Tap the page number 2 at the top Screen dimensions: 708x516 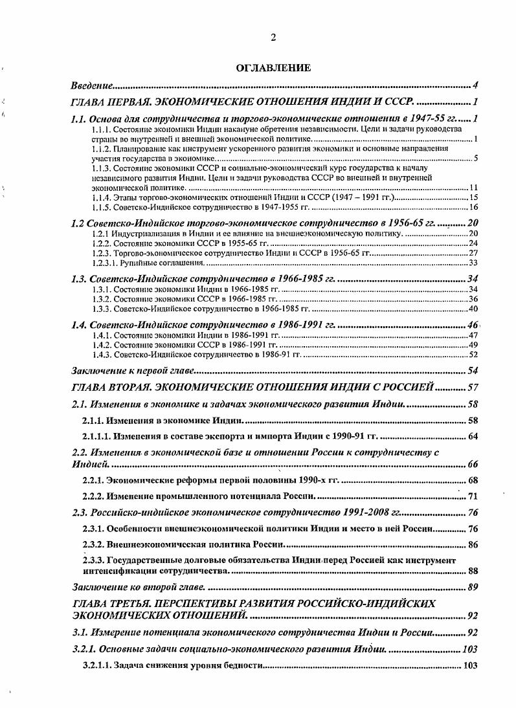point(273,38)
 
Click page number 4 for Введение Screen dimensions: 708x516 point(475,85)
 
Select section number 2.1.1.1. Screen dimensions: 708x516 point(102,436)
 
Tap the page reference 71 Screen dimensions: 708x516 point(473,496)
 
